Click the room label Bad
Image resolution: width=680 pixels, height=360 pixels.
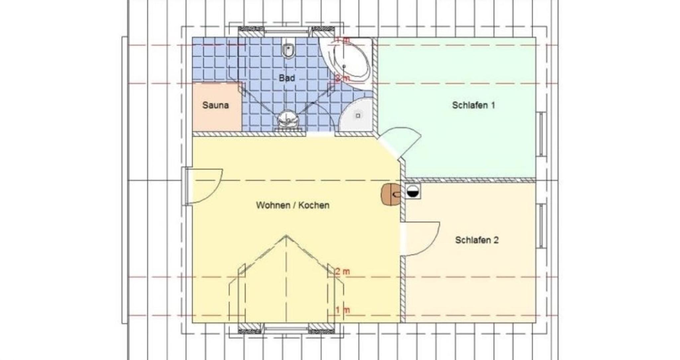(x=287, y=78)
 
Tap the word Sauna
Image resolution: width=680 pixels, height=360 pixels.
(x=215, y=105)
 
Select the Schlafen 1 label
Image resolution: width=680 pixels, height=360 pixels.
(x=473, y=105)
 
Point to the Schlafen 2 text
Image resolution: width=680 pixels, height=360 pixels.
(x=477, y=240)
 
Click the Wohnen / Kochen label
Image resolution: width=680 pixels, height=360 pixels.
(x=293, y=205)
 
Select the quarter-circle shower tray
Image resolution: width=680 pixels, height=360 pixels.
(x=355, y=115)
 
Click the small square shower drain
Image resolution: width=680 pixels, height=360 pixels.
(x=358, y=116)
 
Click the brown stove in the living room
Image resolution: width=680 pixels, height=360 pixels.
(x=391, y=195)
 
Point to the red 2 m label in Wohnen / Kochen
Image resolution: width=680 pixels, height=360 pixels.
(x=342, y=272)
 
